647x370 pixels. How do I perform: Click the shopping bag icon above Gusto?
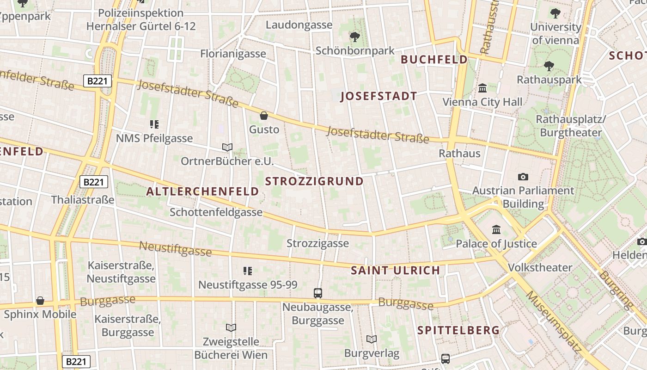click(264, 116)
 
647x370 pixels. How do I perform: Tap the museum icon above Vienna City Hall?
click(482, 88)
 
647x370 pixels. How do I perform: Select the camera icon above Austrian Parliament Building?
click(523, 177)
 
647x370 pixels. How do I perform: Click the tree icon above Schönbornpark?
click(355, 37)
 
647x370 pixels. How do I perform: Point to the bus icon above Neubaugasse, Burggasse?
click(318, 293)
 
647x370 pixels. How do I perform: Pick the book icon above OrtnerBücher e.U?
click(227, 147)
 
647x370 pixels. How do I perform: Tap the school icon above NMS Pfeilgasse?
click(154, 124)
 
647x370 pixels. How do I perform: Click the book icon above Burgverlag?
click(372, 339)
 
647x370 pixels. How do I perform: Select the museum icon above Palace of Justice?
click(496, 229)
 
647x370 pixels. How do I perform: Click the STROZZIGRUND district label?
click(314, 181)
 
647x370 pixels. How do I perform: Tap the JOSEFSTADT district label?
click(379, 96)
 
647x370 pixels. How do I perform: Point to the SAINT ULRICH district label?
click(395, 271)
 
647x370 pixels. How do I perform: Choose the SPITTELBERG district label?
click(458, 330)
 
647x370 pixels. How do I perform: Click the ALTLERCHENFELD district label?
click(202, 191)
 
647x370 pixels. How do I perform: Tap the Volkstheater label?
click(540, 267)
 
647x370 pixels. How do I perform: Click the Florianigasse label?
click(233, 54)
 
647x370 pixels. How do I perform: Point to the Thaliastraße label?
click(83, 200)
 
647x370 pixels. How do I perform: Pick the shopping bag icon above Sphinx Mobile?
click(40, 301)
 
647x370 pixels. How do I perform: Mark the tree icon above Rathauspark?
click(549, 66)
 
